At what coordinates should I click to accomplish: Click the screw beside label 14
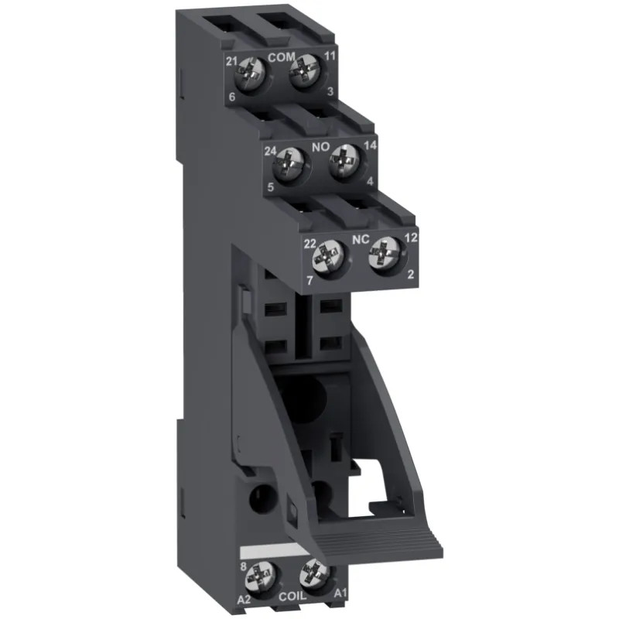click(343, 164)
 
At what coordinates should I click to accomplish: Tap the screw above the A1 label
click(314, 573)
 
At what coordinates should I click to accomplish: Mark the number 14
click(370, 145)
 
